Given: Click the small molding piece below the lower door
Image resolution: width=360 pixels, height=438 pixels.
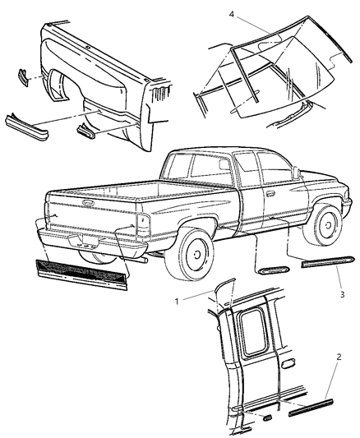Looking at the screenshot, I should tap(268, 417).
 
